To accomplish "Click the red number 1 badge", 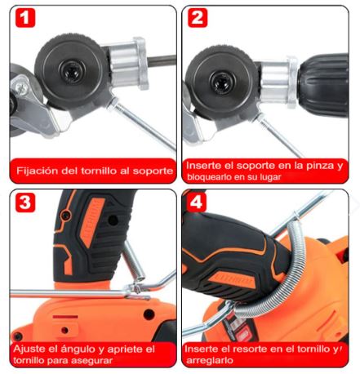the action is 25,18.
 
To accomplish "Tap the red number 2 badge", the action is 198,18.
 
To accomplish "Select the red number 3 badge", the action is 25,203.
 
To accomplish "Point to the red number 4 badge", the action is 197,203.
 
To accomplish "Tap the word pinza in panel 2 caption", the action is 321,166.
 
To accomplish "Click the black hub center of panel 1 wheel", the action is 72,71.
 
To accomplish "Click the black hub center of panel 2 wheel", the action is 223,82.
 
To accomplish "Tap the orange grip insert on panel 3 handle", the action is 93,223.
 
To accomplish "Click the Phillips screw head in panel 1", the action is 20,87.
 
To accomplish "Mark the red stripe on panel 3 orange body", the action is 65,317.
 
